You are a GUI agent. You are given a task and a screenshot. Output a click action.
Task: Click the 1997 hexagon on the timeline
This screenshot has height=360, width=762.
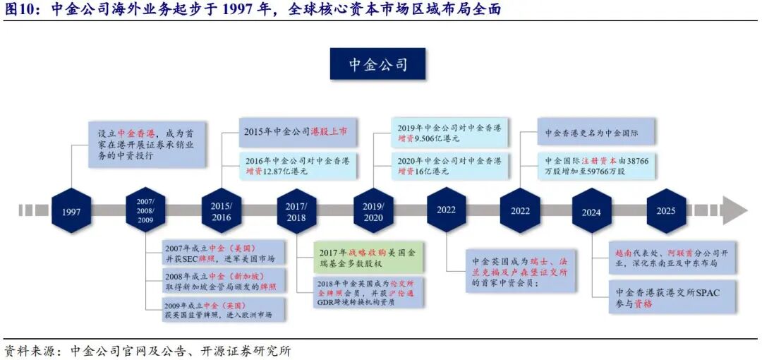coord(71,210)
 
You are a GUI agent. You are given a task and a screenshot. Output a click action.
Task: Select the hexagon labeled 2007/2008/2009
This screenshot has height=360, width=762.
coord(145,210)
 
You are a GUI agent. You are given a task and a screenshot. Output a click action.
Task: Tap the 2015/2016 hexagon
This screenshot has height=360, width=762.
coord(221,210)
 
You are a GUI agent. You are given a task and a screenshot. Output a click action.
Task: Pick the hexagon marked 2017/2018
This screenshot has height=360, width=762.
coord(297,210)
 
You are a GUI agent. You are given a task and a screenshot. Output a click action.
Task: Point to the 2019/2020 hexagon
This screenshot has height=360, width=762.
coord(373,210)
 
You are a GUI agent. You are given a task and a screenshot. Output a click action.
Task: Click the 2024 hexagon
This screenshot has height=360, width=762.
coord(591,210)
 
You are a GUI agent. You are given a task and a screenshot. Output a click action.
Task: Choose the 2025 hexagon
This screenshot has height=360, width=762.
coord(665,210)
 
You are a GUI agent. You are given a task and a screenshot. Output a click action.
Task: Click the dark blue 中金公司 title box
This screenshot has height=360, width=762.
coord(378,64)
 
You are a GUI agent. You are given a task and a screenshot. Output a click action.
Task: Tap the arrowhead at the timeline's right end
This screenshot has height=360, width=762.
coord(734,210)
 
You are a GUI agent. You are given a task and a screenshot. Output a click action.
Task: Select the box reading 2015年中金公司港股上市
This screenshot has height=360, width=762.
coord(296,132)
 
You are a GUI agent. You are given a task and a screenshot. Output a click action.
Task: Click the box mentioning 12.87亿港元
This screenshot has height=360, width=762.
coord(296,165)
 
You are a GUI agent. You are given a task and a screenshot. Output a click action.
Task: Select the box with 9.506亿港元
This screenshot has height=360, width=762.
coord(449,133)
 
